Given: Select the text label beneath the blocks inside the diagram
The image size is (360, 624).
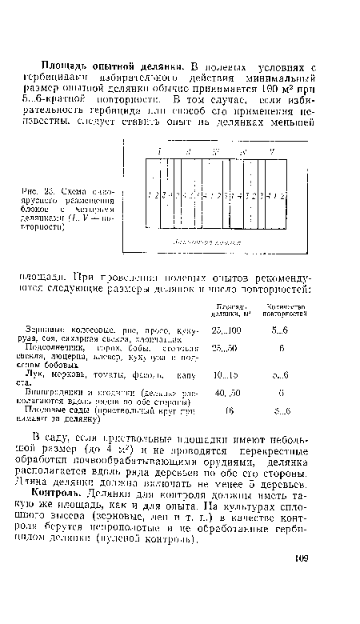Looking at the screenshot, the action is [214, 238].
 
